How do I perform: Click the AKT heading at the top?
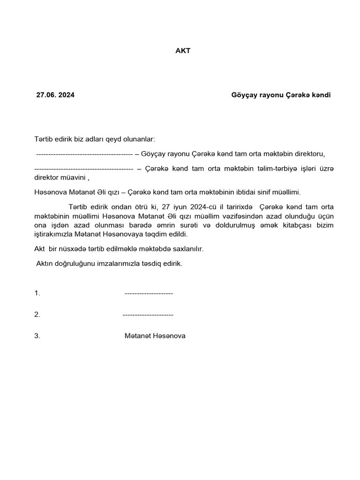183,51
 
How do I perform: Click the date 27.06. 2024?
55,95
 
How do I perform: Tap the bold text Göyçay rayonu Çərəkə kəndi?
281,95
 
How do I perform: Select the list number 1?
37,293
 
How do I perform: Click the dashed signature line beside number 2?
148,315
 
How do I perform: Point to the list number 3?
37,336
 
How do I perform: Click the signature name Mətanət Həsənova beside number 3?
155,336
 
